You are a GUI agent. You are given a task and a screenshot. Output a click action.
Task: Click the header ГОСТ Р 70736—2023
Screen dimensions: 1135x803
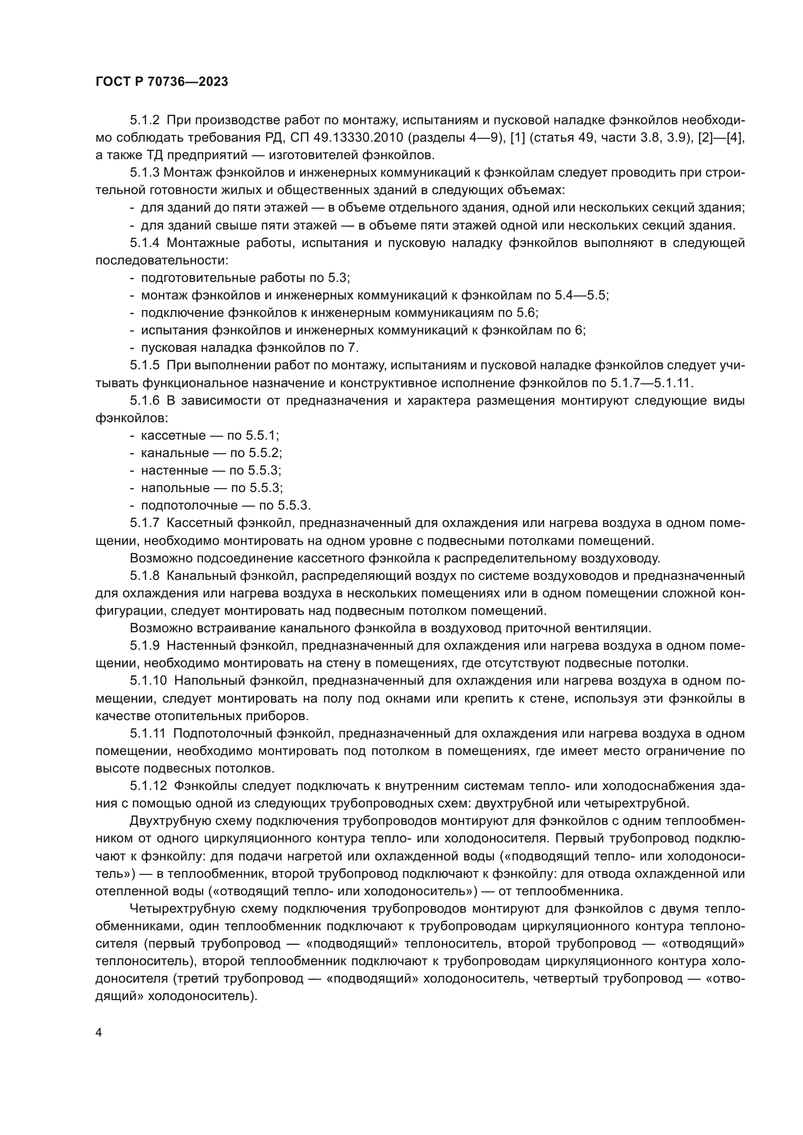point(162,82)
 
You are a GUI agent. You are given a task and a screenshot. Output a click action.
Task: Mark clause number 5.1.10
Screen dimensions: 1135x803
point(148,680)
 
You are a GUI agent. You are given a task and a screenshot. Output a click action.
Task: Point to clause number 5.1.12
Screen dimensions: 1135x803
point(148,786)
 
